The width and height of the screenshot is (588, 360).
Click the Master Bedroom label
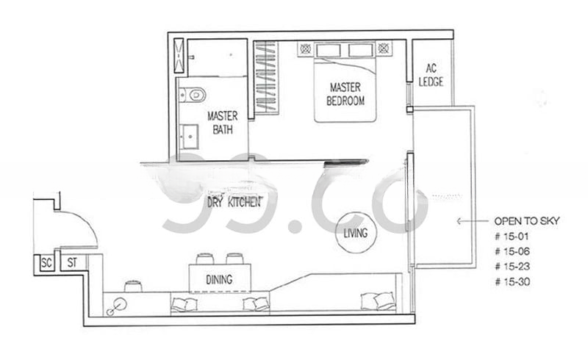(x=345, y=94)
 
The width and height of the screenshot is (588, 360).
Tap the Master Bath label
(x=220, y=123)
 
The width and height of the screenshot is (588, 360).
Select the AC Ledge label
(x=431, y=75)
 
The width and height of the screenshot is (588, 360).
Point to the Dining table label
(x=219, y=279)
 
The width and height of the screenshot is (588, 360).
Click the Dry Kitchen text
(x=234, y=201)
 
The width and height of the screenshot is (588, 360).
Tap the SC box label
(x=46, y=262)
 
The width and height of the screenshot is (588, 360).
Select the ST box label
(x=72, y=262)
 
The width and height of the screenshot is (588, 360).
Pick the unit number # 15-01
(x=513, y=237)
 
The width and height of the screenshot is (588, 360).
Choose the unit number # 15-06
(x=514, y=251)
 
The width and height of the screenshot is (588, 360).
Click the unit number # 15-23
(x=514, y=266)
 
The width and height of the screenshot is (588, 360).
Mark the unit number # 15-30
(x=514, y=281)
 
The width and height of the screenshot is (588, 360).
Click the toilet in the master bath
(x=193, y=94)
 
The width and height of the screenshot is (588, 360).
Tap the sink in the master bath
(x=189, y=137)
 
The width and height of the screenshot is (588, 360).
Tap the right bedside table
(x=382, y=48)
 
